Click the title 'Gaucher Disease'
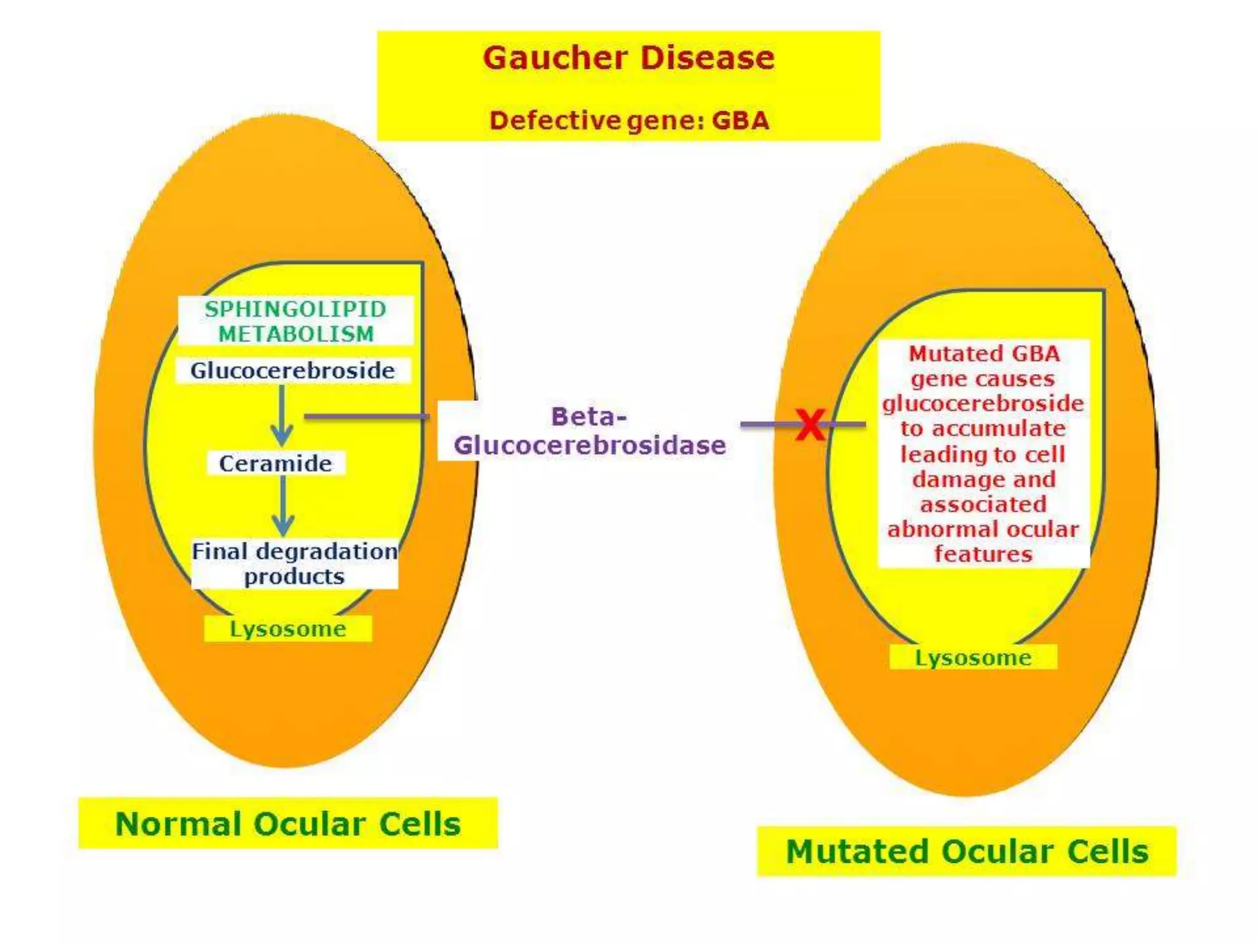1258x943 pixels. pos(628,58)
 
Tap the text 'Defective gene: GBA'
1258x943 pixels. pos(629,120)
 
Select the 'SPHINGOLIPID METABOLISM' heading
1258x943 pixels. pos(295,321)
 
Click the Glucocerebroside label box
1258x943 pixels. pos(292,371)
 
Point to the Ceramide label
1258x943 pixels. pos(276,464)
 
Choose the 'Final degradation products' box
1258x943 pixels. pos(294,564)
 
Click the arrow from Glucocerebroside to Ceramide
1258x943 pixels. pos(282,415)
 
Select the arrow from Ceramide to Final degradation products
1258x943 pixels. pos(283,506)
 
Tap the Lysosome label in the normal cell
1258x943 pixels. pos(287,629)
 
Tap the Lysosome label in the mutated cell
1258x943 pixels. pos(973,658)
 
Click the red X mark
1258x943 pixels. pos(810,424)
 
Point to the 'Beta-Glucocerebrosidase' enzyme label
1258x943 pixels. pos(589,431)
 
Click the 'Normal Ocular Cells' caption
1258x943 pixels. pos(287,823)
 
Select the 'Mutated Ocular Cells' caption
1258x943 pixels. pos(967,852)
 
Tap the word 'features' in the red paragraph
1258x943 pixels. pos(983,554)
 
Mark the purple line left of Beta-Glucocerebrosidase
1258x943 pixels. pos(367,417)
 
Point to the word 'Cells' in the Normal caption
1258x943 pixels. pos(420,823)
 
